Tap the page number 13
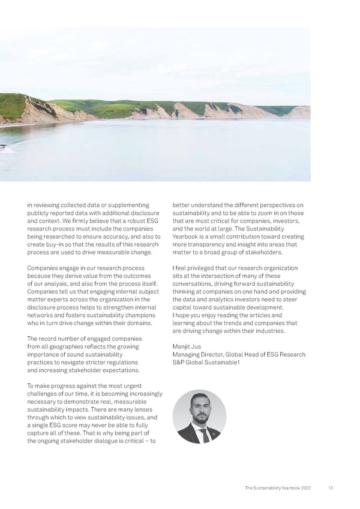(x=331, y=488)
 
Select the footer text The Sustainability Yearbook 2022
(x=278, y=488)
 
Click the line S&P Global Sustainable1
(x=197, y=362)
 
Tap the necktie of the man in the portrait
(x=205, y=434)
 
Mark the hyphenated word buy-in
(x=55, y=245)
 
